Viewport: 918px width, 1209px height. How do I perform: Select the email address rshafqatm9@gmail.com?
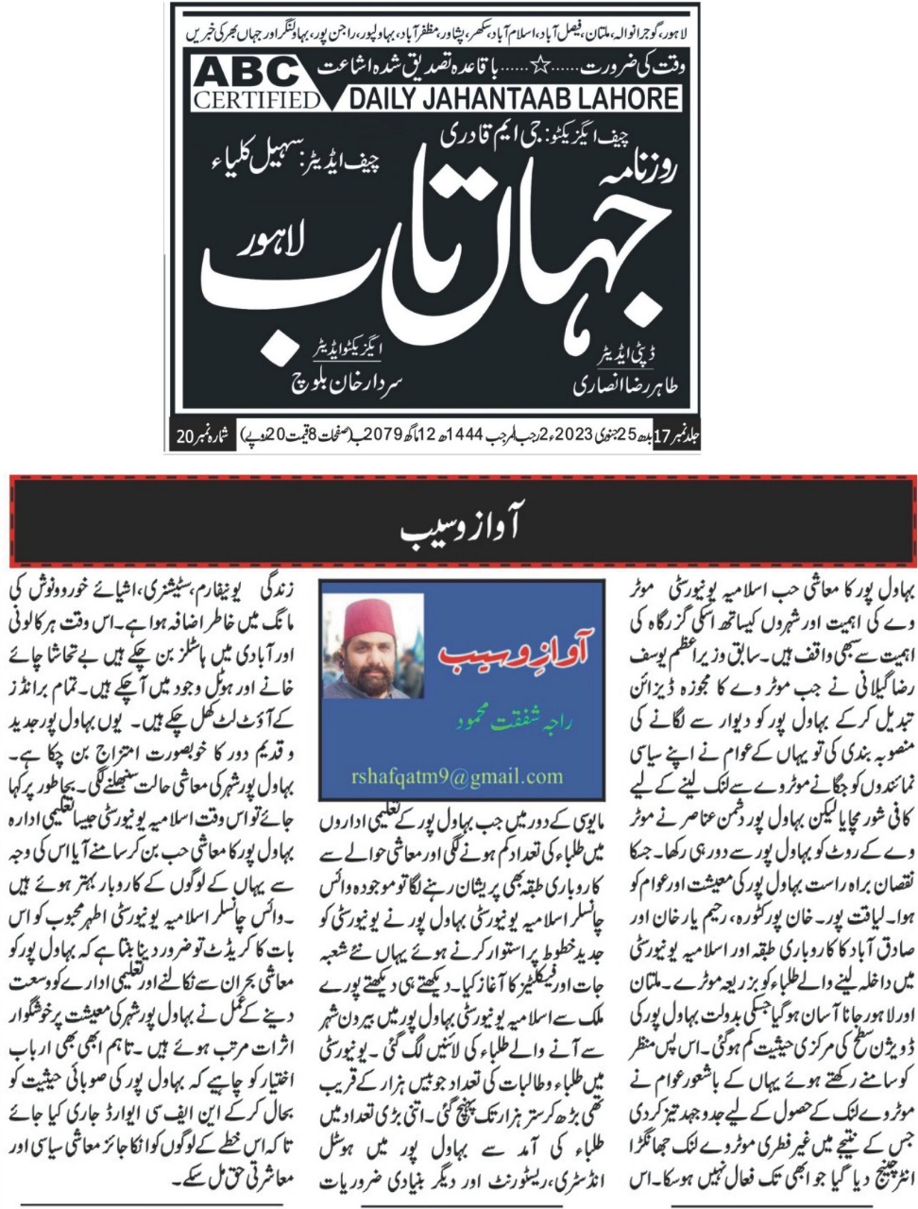(x=461, y=776)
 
